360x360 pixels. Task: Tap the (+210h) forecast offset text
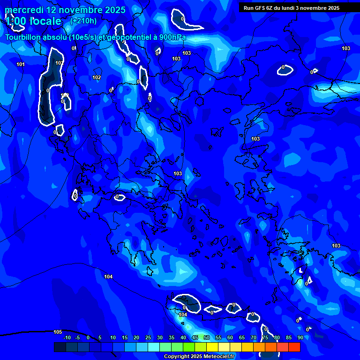tap(83, 21)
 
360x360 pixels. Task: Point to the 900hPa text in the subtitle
tap(171, 37)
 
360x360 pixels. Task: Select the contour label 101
tap(21, 64)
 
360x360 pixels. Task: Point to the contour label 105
tap(58, 332)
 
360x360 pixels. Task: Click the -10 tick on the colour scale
tap(67, 337)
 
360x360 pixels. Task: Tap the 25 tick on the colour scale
tap(148, 337)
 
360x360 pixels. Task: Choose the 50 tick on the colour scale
tap(207, 337)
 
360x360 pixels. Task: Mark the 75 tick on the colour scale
tap(265, 337)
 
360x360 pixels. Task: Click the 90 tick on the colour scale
tap(300, 337)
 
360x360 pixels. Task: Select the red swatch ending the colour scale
tap(294, 347)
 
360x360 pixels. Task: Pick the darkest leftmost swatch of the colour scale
tap(60, 347)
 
